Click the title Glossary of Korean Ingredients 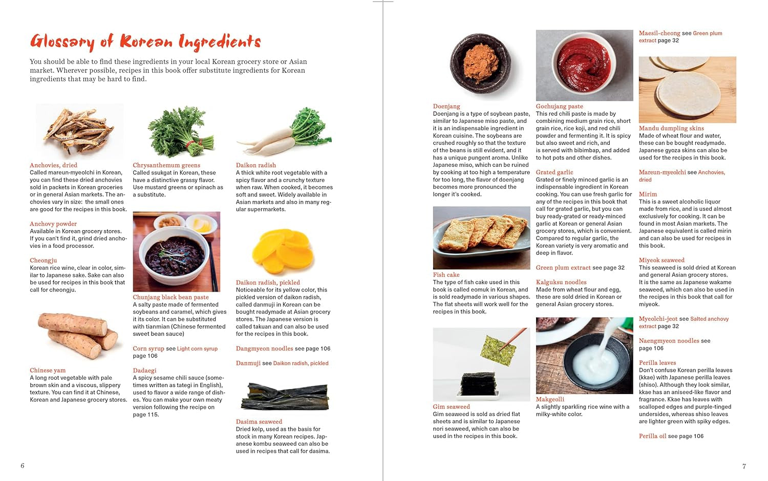click(x=145, y=41)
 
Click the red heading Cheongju click(x=43, y=260)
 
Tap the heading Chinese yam click(x=47, y=370)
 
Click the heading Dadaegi click(x=144, y=370)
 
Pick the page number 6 click(x=22, y=466)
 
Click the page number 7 click(x=744, y=466)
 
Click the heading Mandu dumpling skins click(x=671, y=128)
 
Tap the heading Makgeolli click(x=550, y=400)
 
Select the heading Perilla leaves click(x=657, y=363)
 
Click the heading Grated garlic click(x=554, y=172)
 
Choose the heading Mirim click(x=648, y=194)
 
